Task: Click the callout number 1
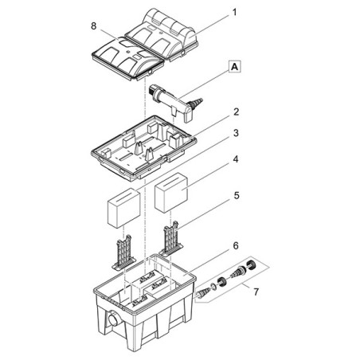[234, 13]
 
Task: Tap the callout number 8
[93, 26]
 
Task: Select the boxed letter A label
[234, 67]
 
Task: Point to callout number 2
[236, 112]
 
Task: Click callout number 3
[236, 133]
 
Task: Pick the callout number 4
[236, 160]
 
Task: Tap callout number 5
[237, 196]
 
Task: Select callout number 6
[236, 246]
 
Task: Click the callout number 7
[256, 292]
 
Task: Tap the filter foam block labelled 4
[171, 193]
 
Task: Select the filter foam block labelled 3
[123, 208]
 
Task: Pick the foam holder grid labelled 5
[171, 240]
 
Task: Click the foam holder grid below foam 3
[123, 252]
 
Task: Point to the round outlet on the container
[114, 319]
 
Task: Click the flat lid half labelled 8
[128, 57]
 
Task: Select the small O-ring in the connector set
[213, 287]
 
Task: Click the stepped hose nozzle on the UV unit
[197, 103]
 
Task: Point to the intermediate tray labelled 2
[143, 147]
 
